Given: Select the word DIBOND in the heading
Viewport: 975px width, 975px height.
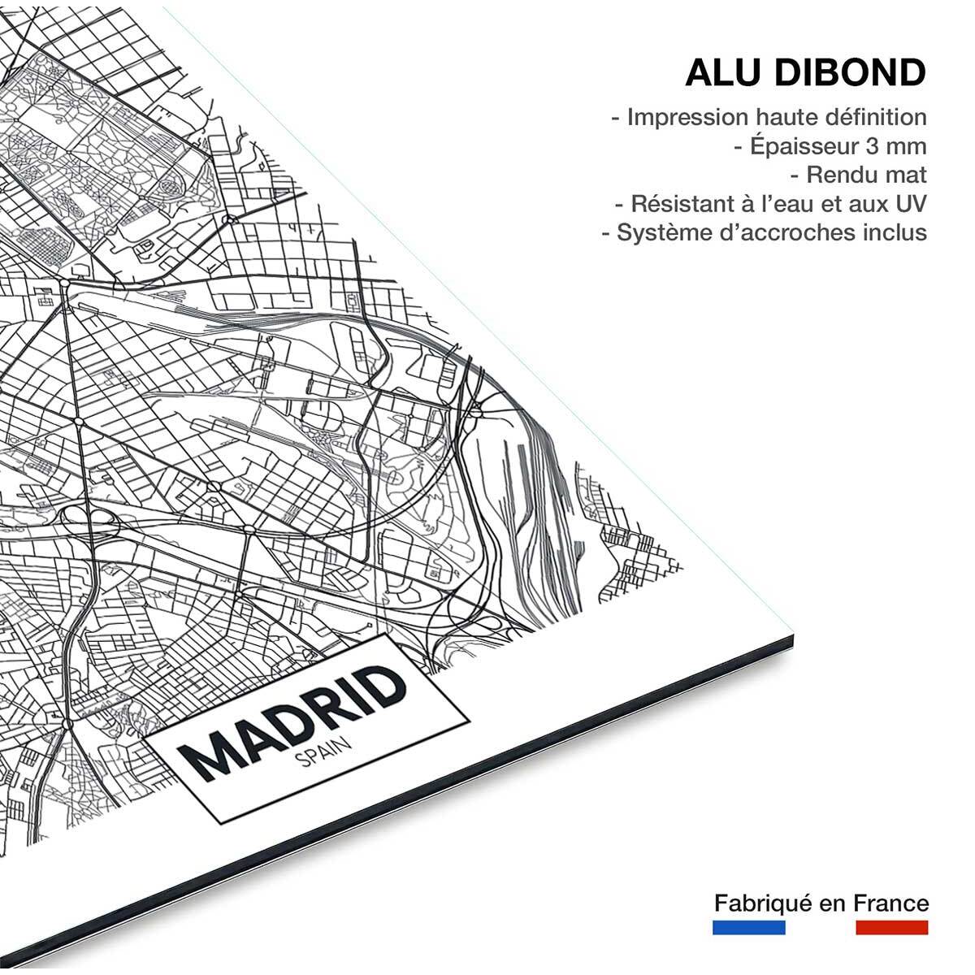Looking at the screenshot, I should tap(850, 72).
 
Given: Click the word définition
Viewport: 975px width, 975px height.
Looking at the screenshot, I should tap(875, 117).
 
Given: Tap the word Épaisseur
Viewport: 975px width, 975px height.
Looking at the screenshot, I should tap(804, 146).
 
